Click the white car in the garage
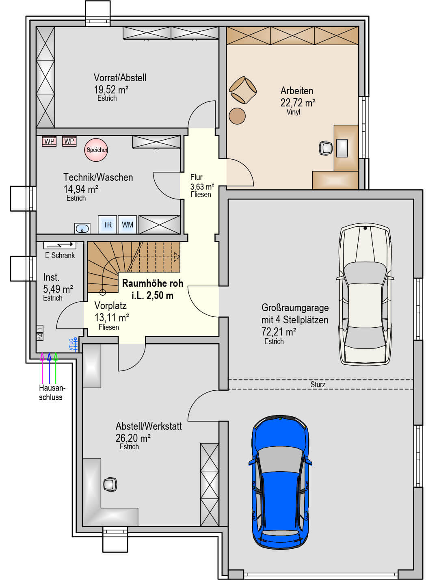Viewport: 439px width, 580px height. pyautogui.click(x=365, y=294)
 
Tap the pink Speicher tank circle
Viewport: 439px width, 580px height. pyautogui.click(x=96, y=150)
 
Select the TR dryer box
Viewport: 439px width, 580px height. pyautogui.click(x=107, y=225)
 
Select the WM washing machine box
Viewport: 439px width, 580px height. pyautogui.click(x=128, y=225)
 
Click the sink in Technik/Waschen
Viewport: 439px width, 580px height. pyautogui.click(x=82, y=228)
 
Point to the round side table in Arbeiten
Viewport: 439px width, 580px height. pyautogui.click(x=237, y=116)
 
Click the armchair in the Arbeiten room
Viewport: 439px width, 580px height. pyautogui.click(x=242, y=90)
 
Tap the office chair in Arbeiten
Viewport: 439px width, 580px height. pyautogui.click(x=326, y=148)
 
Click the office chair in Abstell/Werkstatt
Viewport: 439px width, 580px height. pyautogui.click(x=110, y=484)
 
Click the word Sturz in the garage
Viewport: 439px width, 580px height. pyautogui.click(x=318, y=384)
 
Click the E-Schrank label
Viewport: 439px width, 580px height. pyautogui.click(x=60, y=255)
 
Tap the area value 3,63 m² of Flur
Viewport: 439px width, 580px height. pyautogui.click(x=202, y=187)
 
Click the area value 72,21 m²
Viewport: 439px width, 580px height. pyautogui.click(x=279, y=331)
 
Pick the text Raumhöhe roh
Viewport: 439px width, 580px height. pyautogui.click(x=153, y=283)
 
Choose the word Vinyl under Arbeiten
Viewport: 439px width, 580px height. pyautogui.click(x=294, y=112)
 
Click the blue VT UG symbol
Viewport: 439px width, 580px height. pyautogui.click(x=74, y=344)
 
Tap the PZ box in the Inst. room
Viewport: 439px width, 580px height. pyautogui.click(x=40, y=337)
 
